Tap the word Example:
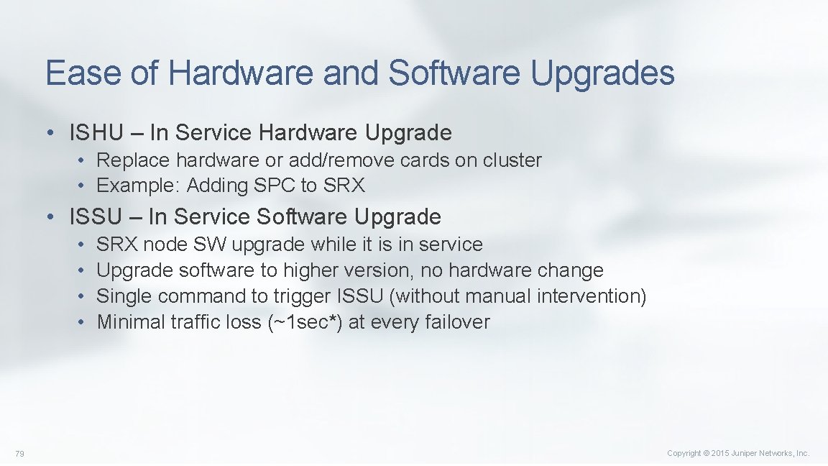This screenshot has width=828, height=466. coord(139,186)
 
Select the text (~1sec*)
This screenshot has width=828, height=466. coord(305,322)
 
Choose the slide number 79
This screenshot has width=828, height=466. coord(19,453)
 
